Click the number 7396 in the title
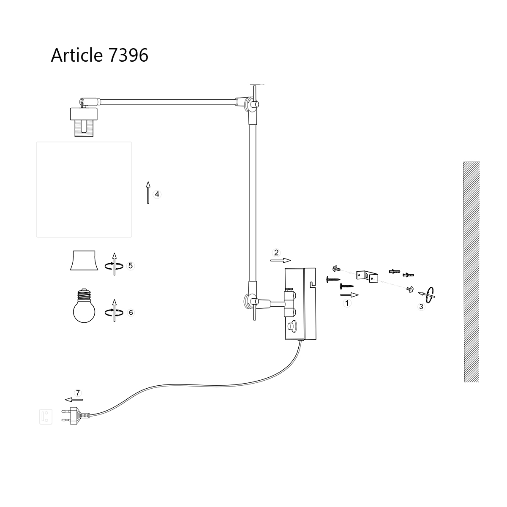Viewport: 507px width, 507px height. click(x=128, y=55)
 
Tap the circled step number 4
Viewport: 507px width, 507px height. click(x=157, y=194)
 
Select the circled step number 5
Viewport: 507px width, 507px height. click(x=131, y=266)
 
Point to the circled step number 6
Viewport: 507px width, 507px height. click(x=131, y=313)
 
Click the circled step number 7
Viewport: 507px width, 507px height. click(x=77, y=392)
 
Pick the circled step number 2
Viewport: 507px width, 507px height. click(x=276, y=253)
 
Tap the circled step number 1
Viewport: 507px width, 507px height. click(x=347, y=303)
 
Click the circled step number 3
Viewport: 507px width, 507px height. click(x=421, y=307)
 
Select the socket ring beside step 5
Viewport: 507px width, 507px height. click(x=84, y=261)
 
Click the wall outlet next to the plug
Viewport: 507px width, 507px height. click(x=46, y=416)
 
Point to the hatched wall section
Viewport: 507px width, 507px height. click(x=471, y=272)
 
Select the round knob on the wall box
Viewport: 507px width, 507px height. click(x=292, y=326)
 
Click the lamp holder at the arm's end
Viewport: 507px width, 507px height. click(x=83, y=122)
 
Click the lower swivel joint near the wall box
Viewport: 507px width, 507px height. click(x=250, y=302)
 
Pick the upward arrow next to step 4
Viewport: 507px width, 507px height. click(x=148, y=193)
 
